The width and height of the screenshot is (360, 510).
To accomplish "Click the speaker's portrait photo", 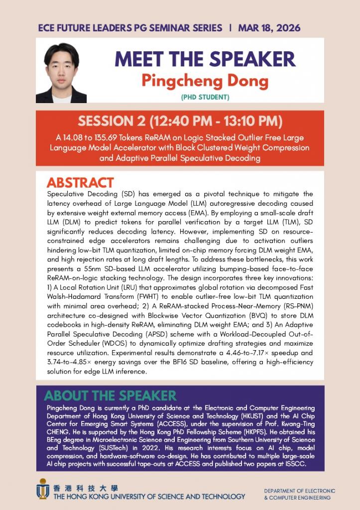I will click(x=61, y=73).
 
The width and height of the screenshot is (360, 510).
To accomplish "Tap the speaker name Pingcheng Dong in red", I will click(x=205, y=80).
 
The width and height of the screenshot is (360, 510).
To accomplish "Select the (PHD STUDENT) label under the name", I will click(x=205, y=97).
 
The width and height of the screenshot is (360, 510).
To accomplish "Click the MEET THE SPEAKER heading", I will click(x=205, y=59).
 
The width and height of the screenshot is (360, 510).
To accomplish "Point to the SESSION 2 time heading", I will click(x=180, y=122).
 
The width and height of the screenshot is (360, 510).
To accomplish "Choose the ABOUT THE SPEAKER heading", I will click(x=110, y=396).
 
